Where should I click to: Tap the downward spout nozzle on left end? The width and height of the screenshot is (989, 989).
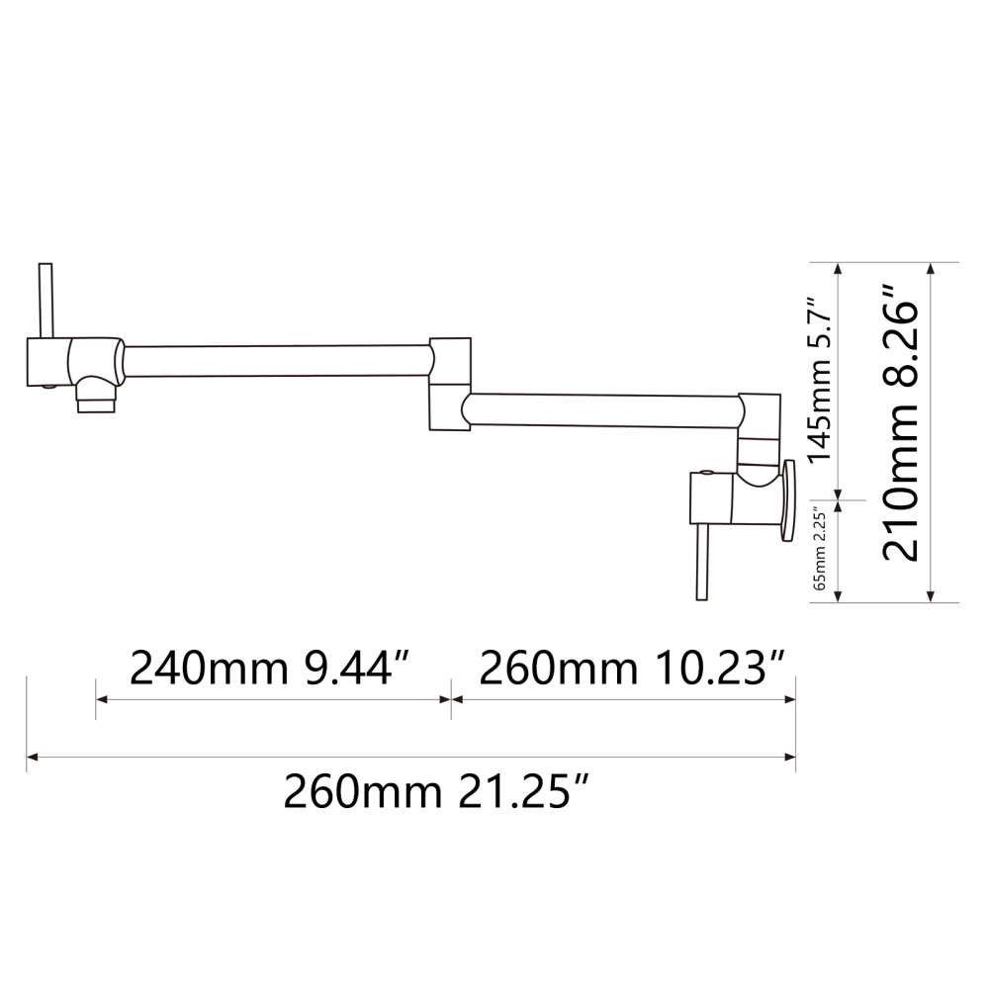tap(97, 401)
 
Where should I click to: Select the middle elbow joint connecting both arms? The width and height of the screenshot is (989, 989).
tap(450, 384)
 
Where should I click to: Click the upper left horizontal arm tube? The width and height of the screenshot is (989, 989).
tap(277, 361)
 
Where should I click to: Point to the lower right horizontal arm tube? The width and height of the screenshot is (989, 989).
tap(603, 409)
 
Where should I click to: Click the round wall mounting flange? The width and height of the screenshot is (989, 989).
tap(788, 499)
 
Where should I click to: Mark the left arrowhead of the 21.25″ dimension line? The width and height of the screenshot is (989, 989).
tap(32, 758)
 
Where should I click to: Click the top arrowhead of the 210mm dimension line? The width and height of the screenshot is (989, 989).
tap(931, 268)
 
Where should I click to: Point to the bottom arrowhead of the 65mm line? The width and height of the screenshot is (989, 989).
tap(839, 596)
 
